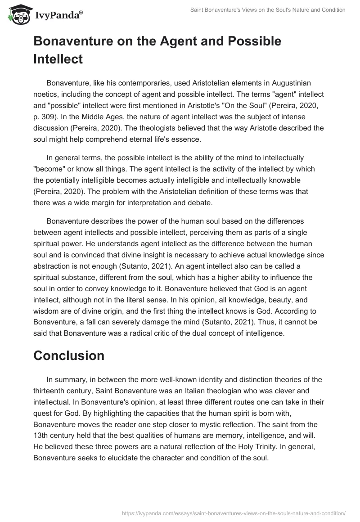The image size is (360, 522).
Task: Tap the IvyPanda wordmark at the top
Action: click(58, 16)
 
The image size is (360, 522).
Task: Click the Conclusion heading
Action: click(69, 355)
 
